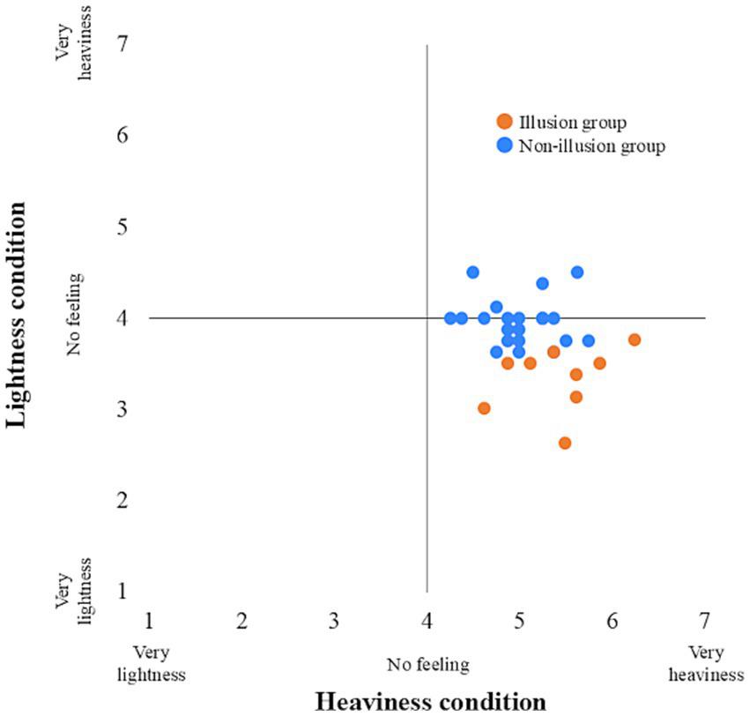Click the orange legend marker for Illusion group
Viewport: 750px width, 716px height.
pyautogui.click(x=504, y=121)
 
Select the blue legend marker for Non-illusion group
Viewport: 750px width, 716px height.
pyautogui.click(x=504, y=145)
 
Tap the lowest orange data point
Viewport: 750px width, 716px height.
pyautogui.click(x=565, y=443)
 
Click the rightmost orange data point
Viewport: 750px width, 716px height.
pyautogui.click(x=635, y=339)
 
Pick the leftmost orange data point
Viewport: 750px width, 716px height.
pyautogui.click(x=484, y=408)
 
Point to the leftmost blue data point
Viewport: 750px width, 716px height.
pyautogui.click(x=450, y=317)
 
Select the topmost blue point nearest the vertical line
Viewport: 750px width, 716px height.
pyautogui.click(x=473, y=272)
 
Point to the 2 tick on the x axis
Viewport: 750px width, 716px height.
pyautogui.click(x=241, y=622)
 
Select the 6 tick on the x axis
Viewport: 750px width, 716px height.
pyautogui.click(x=612, y=622)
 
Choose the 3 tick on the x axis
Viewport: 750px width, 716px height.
pyautogui.click(x=334, y=622)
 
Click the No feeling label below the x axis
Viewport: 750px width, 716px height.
pyautogui.click(x=427, y=663)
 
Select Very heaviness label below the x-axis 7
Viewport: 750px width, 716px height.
pyautogui.click(x=706, y=664)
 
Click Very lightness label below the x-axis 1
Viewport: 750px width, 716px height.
pyautogui.click(x=159, y=664)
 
